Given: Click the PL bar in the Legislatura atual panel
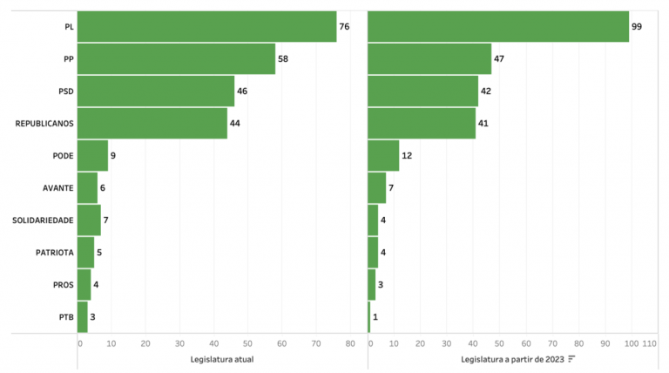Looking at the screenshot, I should [x=206, y=27].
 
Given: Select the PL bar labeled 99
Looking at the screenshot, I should [x=498, y=27].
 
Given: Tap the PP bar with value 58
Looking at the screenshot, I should [x=176, y=59].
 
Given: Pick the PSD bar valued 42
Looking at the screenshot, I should [x=423, y=92].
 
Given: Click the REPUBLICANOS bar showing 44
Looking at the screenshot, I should [x=152, y=124].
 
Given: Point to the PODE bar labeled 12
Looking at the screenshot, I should [x=383, y=156].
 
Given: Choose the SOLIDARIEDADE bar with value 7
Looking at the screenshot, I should [x=89, y=220].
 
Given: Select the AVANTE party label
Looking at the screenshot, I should [x=57, y=188].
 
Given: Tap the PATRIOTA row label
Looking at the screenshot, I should [x=54, y=252].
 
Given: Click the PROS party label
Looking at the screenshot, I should [x=61, y=284].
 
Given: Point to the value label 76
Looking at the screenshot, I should [x=344, y=27].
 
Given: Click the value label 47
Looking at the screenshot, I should [x=500, y=59].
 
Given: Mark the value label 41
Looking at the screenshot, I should [x=483, y=124].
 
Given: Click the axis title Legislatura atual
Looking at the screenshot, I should [x=221, y=359].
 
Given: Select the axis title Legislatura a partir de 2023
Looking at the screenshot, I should [x=513, y=359].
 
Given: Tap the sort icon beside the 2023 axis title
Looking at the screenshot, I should [x=572, y=359].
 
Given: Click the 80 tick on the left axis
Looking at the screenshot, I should [x=349, y=343].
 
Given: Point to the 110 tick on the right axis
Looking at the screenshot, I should [x=648, y=343].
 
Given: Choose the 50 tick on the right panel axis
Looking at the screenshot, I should [x=499, y=343].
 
